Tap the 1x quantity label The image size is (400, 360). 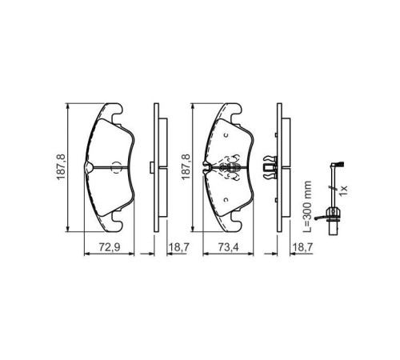[345, 190]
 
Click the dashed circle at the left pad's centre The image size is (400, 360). [115, 167]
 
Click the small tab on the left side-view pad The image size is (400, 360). [153, 167]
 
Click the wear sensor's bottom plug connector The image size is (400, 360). [329, 214]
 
